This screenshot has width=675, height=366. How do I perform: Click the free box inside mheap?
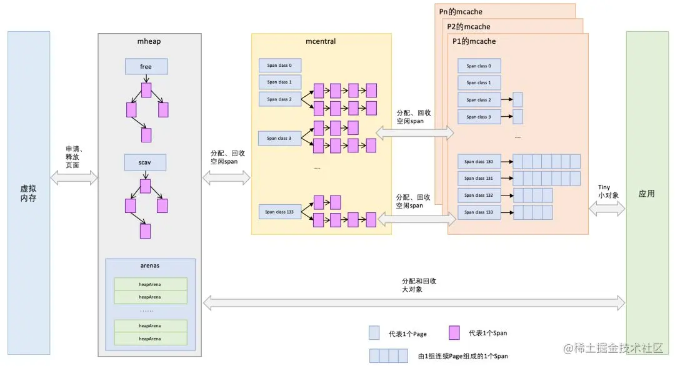pos(146,67)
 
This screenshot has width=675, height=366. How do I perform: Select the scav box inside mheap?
pos(146,162)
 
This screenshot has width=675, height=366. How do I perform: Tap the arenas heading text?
pos(150,265)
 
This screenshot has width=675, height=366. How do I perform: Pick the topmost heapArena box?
pos(150,284)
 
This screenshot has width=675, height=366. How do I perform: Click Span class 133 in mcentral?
pos(279,212)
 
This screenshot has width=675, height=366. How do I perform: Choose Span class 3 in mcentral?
pos(279,138)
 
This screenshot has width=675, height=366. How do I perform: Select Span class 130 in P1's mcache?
pos(479,162)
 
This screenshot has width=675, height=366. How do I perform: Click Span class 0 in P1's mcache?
pos(479,66)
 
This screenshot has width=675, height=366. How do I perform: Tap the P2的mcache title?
pos(468,27)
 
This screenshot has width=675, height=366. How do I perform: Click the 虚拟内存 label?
pos(28,193)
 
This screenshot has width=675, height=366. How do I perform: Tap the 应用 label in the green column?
pos(647,194)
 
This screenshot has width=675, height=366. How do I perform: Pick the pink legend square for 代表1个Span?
pos(454,333)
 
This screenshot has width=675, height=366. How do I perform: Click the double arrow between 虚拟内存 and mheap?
pos(74,178)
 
